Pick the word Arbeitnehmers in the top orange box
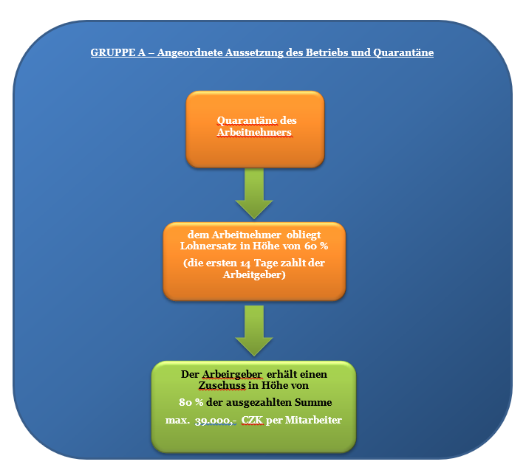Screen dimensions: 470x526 255,133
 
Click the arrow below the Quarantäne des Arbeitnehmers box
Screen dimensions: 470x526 254,193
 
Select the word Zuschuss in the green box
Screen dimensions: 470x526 222,386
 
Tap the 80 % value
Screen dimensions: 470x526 191,403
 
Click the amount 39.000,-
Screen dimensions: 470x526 212,421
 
